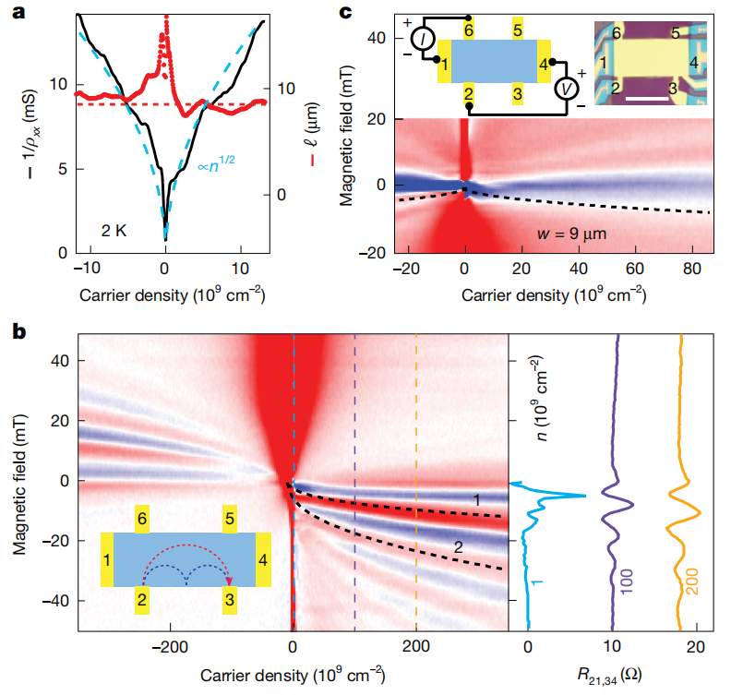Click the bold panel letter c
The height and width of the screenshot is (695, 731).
(346, 14)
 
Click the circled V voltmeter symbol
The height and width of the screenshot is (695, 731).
(565, 89)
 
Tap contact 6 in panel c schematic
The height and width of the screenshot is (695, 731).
(469, 30)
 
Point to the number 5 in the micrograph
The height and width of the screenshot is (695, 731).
(677, 33)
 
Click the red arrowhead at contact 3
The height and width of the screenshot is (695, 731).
(228, 581)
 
